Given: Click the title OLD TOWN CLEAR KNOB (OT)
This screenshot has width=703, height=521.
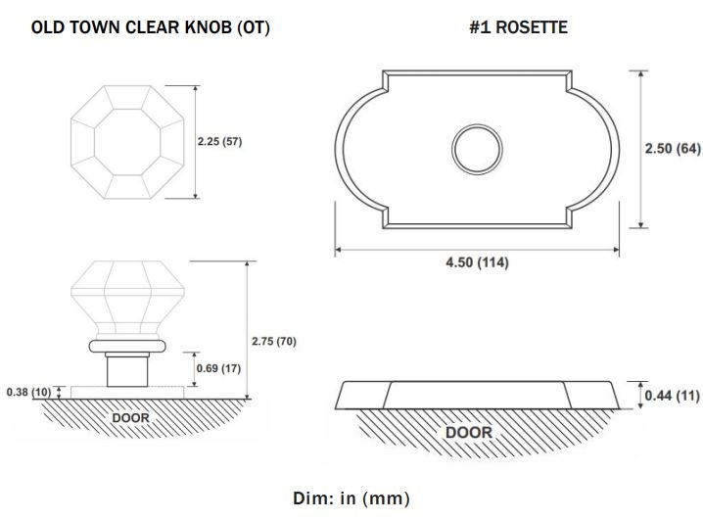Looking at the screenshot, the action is click(x=151, y=27).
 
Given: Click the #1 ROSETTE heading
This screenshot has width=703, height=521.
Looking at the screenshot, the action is click(x=518, y=27).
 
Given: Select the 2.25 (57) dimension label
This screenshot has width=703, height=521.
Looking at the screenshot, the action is click(x=219, y=142).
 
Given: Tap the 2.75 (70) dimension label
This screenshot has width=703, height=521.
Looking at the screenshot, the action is click(x=274, y=341).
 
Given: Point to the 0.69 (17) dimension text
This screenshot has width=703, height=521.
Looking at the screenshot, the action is click(x=218, y=368).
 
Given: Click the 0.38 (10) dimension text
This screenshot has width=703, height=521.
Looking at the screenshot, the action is click(x=28, y=393).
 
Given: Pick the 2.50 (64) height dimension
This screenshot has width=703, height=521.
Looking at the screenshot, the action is click(x=673, y=149).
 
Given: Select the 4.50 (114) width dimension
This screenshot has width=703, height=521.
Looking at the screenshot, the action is click(x=477, y=262).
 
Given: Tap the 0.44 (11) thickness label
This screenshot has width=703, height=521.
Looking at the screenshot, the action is click(x=672, y=396).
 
